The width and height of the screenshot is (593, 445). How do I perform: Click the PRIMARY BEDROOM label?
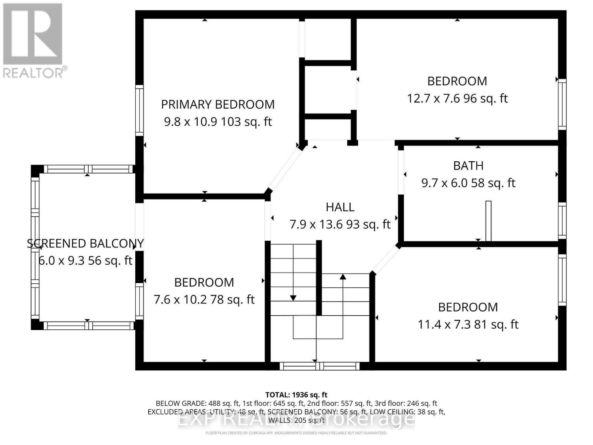(x=218, y=105)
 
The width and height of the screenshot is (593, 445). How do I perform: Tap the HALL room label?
(x=340, y=207)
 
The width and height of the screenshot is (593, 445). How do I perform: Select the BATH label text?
(x=468, y=165)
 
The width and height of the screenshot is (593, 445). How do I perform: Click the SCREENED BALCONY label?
(x=85, y=243)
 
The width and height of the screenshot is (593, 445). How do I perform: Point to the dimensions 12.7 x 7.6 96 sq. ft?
(x=457, y=99)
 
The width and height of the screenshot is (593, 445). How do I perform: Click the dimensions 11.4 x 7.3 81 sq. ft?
(x=468, y=324)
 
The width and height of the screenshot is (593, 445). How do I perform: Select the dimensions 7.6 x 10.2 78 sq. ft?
(x=204, y=300)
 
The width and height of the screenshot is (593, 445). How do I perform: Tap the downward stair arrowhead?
(x=293, y=298)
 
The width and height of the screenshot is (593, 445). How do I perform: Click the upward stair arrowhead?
(x=343, y=277)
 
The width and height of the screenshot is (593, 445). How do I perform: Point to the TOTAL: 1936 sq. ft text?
(x=296, y=395)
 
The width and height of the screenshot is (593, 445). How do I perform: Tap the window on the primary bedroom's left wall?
(x=139, y=110)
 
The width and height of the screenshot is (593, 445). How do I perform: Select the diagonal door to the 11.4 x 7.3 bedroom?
(x=385, y=260)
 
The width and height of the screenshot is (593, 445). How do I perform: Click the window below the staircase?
(x=319, y=366)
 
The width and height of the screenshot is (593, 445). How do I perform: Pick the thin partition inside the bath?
(x=488, y=221)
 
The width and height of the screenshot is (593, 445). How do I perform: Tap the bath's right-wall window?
(x=562, y=221)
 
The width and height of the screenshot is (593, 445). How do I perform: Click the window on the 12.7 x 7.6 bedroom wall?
(x=562, y=104)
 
